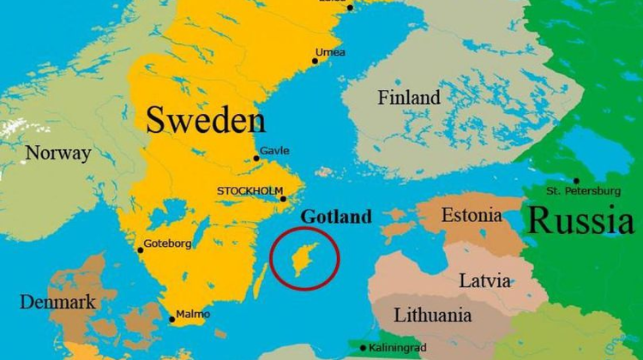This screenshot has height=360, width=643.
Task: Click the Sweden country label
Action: (205, 120)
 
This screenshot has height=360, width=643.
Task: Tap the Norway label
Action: (57, 153)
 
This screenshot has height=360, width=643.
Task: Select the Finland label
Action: (409, 98)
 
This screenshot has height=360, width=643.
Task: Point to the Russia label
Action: (582, 220)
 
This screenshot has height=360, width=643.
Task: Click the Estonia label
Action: (472, 215)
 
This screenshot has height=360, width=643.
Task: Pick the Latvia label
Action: (485, 280)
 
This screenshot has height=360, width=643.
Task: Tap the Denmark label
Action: (57, 302)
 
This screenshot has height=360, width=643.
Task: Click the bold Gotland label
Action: (335, 217)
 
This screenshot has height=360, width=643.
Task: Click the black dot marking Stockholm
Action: (283, 200)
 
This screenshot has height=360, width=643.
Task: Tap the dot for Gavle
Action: (255, 158)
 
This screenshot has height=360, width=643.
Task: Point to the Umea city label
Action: (330, 53)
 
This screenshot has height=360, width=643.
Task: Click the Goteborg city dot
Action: (141, 250)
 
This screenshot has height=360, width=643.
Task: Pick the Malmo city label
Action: (192, 314)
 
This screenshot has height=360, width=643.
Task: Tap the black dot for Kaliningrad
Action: (363, 348)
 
